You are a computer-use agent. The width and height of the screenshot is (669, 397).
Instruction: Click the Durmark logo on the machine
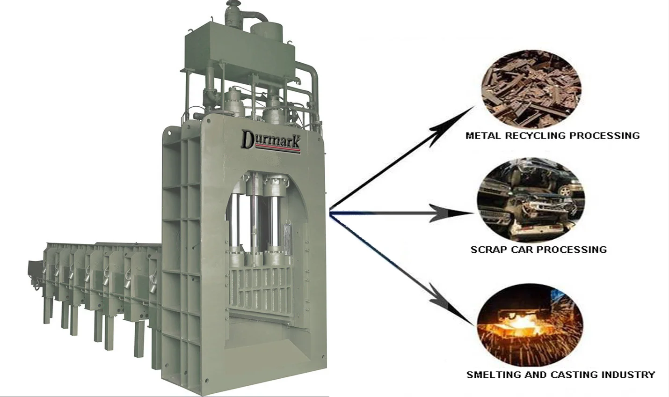(270, 140)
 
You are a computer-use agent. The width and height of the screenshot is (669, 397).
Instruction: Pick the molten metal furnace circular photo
(530, 324)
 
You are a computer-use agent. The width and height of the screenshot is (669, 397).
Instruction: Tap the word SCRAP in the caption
(488, 250)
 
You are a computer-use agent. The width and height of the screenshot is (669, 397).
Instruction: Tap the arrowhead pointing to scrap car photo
(456, 213)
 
